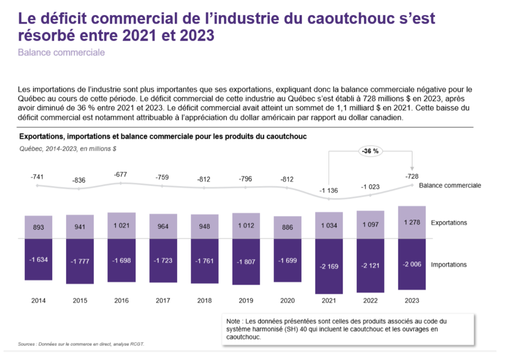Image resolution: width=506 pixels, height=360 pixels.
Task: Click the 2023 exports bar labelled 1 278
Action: tap(412, 222)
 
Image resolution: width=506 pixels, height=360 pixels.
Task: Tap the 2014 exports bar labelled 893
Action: tap(38, 227)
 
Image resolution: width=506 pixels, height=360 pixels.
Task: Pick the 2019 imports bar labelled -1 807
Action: tap(246, 261)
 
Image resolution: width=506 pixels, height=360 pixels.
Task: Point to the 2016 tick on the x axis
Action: tap(122, 300)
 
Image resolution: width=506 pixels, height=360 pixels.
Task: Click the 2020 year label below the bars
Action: tap(287, 300)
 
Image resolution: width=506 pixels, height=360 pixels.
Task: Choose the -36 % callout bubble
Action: tap(370, 151)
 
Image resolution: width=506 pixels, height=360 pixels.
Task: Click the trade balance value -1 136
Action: tap(328, 190)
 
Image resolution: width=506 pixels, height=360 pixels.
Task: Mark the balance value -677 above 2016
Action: tap(122, 174)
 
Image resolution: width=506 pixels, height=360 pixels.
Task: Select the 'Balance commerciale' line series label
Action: tap(450, 185)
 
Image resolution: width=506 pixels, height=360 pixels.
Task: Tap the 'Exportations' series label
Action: tap(449, 223)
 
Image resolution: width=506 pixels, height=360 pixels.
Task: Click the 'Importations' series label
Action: tap(449, 264)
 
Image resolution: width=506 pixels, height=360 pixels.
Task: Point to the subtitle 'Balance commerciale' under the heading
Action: tap(61, 52)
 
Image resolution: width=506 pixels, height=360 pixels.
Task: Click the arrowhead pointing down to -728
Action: tap(412, 168)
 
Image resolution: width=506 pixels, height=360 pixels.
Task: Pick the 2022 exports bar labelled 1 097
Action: tap(370, 224)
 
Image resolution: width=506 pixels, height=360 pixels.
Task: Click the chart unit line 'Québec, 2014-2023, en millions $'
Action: tap(67, 149)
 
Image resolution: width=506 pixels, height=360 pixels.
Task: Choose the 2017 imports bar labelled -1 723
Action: tap(163, 261)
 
